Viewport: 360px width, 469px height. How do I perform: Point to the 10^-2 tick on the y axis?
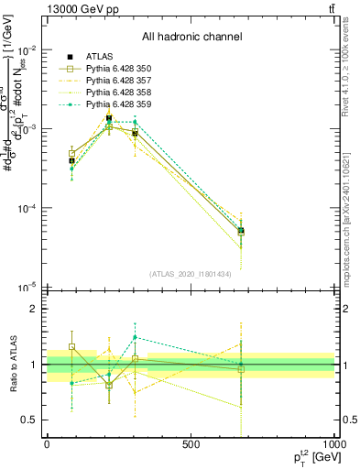point(27,49)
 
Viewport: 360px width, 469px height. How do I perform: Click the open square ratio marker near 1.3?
point(71,347)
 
